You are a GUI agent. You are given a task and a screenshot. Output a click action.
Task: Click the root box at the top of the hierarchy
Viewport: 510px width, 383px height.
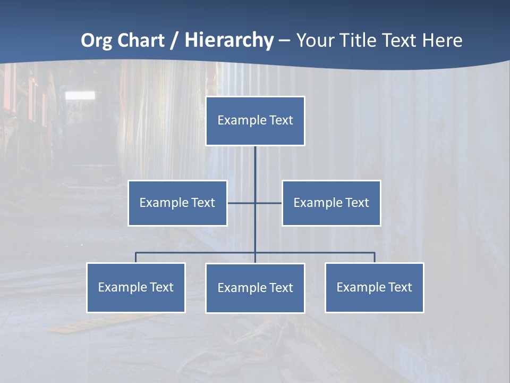pyautogui.click(x=255, y=121)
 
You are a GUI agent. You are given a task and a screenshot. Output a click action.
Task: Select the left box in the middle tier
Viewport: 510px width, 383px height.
pyautogui.click(x=177, y=203)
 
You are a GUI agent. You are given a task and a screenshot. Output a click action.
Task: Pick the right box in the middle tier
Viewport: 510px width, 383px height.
pyautogui.click(x=331, y=203)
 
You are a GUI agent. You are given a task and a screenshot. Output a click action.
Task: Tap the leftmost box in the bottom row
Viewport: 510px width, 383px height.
pyautogui.click(x=135, y=287)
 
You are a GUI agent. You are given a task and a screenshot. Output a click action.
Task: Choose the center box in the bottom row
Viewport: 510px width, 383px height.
pyautogui.click(x=255, y=288)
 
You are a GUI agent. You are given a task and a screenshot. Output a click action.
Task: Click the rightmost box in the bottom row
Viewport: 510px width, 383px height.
pyautogui.click(x=374, y=287)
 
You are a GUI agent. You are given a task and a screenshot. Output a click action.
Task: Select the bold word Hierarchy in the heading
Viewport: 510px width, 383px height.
pyautogui.click(x=229, y=40)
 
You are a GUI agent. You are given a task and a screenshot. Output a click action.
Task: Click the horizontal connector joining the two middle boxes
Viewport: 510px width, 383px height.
pyautogui.click(x=242, y=203)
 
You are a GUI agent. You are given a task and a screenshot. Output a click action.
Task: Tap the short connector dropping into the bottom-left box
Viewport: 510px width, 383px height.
pyautogui.click(x=135, y=257)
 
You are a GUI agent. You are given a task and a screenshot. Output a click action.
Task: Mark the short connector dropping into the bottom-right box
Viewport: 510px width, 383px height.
pyautogui.click(x=374, y=257)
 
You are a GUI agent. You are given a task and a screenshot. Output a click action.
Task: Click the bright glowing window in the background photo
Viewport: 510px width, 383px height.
pyautogui.click(x=80, y=95)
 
